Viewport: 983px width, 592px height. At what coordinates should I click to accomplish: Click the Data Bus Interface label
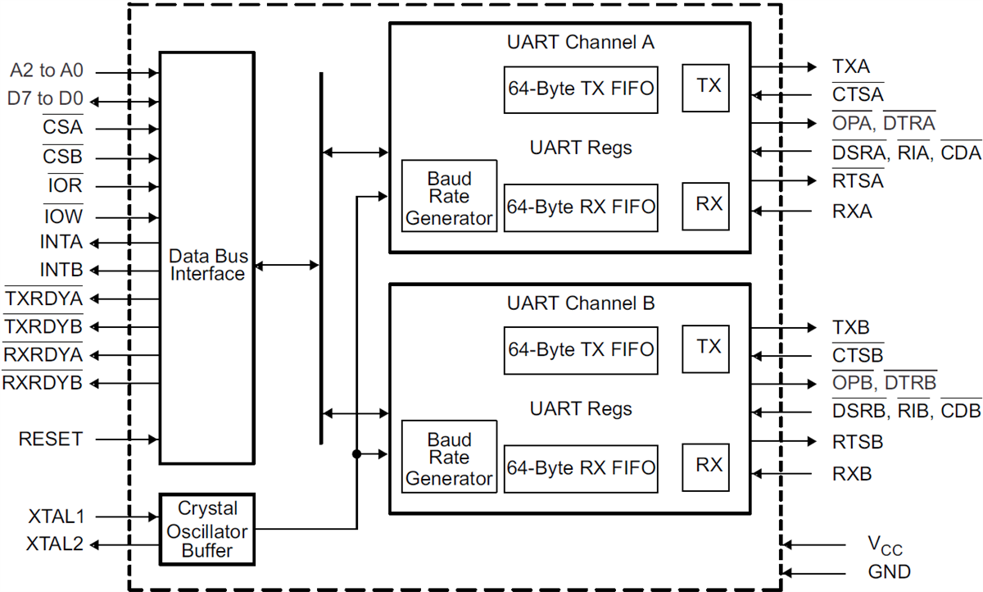coord(206,265)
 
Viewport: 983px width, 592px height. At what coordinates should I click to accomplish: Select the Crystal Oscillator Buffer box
coord(207,529)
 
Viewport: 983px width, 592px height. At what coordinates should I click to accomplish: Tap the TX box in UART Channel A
coord(709,85)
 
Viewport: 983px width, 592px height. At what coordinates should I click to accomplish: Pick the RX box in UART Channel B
coord(709,464)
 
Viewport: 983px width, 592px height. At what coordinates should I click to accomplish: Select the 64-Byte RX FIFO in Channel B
coord(581,468)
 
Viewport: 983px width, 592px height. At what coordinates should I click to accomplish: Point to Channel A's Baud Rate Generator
coord(450,197)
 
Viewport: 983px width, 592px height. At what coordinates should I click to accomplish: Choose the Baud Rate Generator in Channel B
coord(450,458)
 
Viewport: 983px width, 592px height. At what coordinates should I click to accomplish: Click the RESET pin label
coord(51,439)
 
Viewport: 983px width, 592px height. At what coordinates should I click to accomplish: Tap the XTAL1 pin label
coord(57,517)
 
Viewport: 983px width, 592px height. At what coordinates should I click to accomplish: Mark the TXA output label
coord(851,67)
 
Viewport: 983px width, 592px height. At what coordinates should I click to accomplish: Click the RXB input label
coord(852,474)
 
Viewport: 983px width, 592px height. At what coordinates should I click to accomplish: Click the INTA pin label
coord(61,243)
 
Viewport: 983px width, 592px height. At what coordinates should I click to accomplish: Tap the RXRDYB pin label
coord(43,382)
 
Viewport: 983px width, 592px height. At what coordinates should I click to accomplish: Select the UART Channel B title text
coord(581,303)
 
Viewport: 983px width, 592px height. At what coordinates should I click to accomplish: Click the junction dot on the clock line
coord(356,453)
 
